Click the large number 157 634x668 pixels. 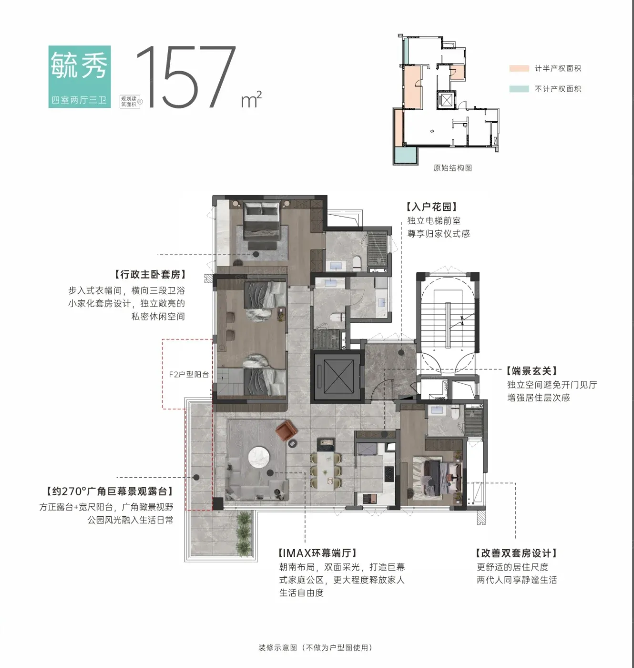(x=186, y=77)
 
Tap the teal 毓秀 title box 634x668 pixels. (x=80, y=77)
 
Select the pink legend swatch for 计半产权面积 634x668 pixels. (x=519, y=68)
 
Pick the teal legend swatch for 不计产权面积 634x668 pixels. (x=519, y=89)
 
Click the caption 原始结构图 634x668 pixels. (x=452, y=168)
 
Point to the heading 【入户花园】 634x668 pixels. (x=431, y=207)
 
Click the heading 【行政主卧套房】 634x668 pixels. (x=150, y=274)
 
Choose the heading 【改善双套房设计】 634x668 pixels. (x=516, y=553)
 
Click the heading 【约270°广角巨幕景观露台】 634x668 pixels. (x=109, y=491)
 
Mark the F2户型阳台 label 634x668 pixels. (x=189, y=375)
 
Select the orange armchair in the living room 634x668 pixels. (x=286, y=430)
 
